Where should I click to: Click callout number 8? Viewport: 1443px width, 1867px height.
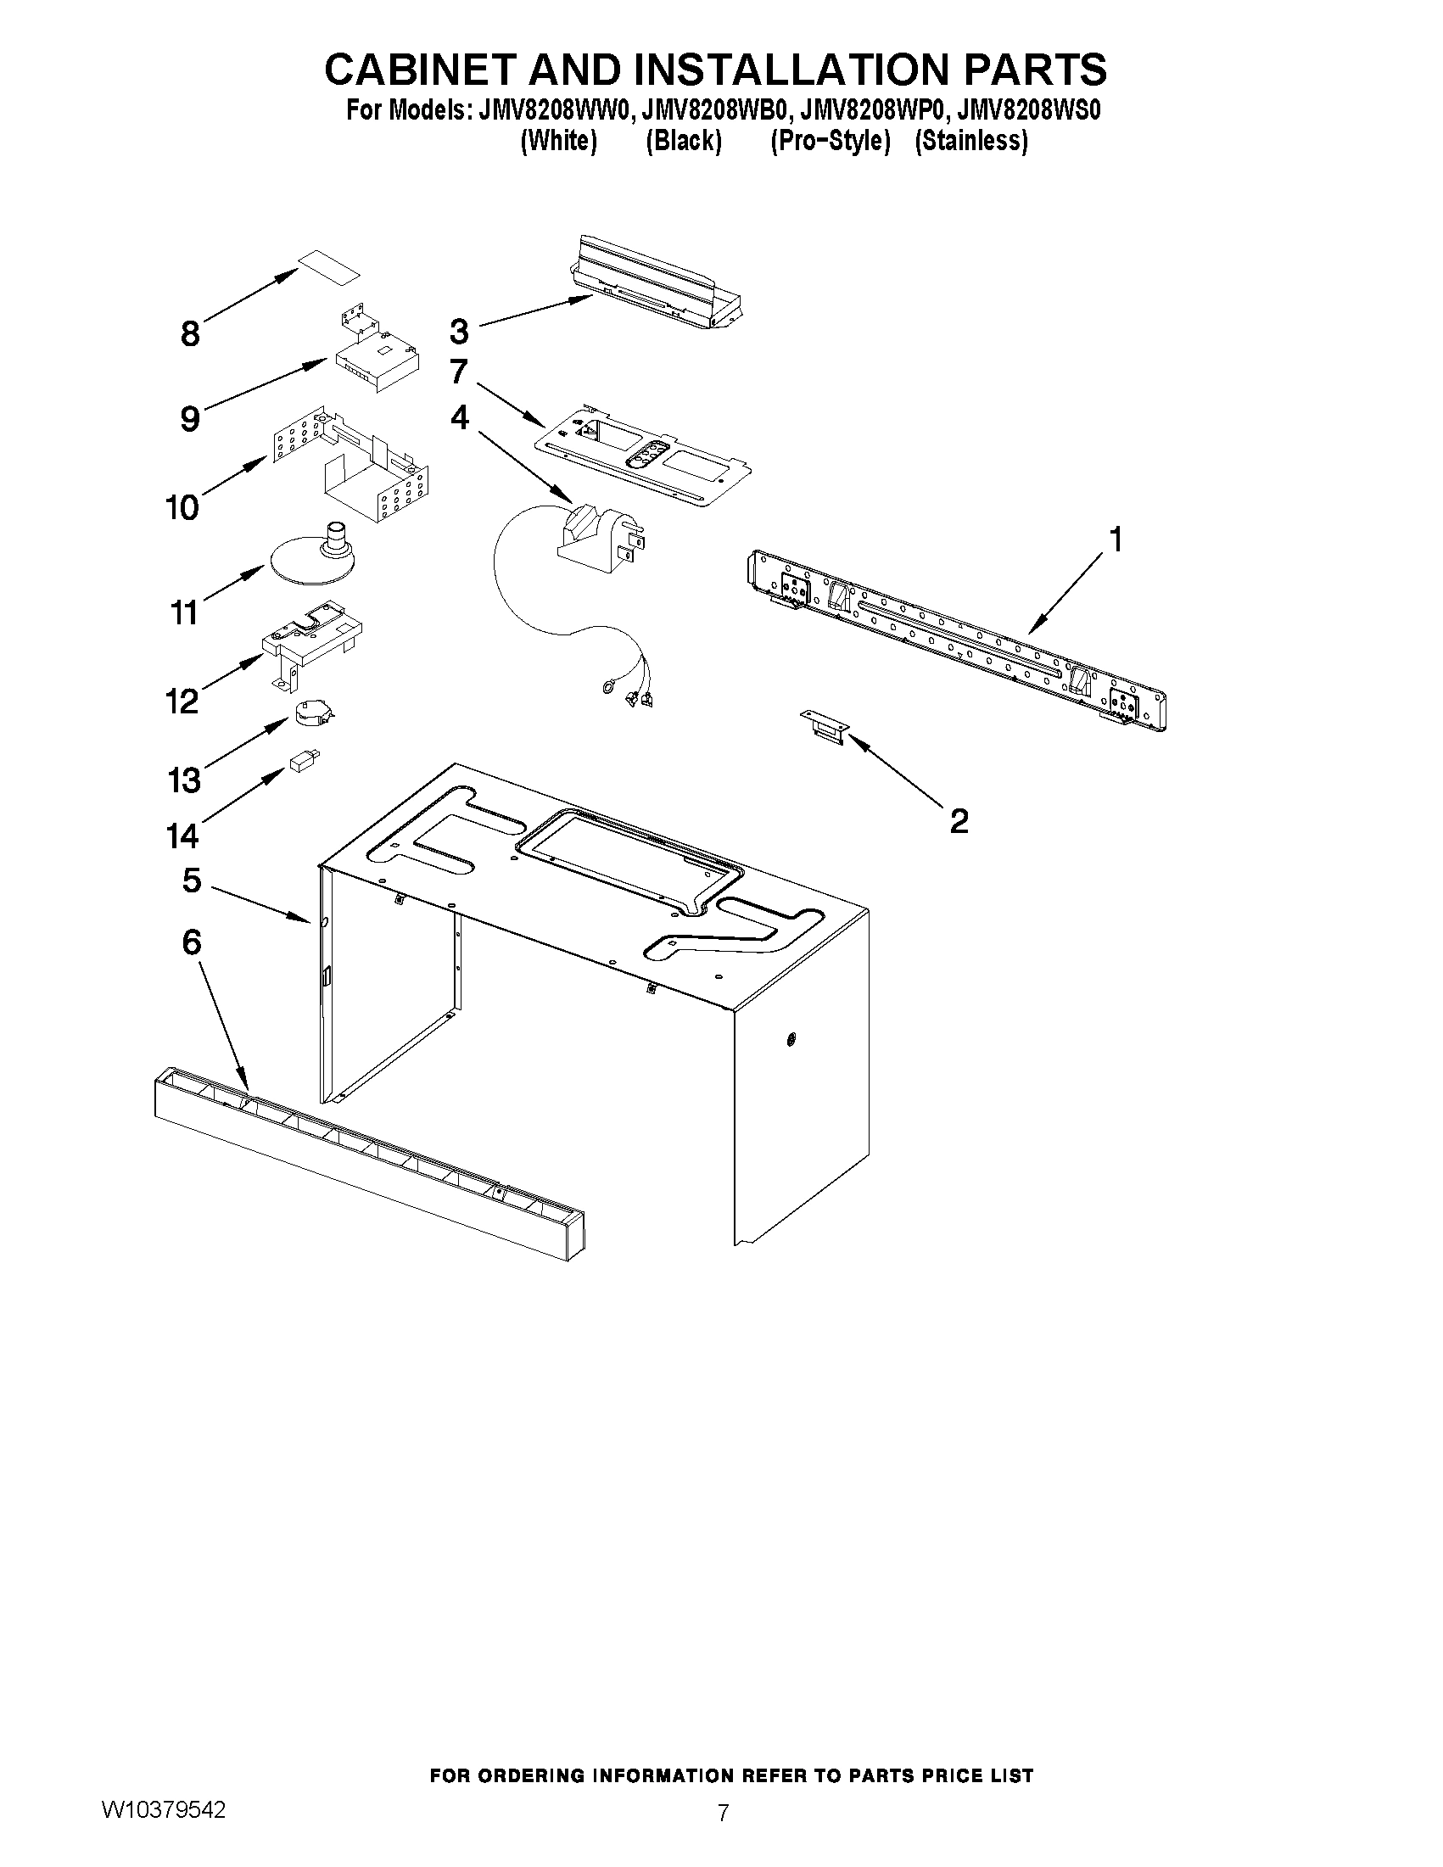click(190, 333)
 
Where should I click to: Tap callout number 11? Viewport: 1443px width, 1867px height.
click(185, 612)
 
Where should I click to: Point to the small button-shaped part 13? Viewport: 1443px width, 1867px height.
click(310, 712)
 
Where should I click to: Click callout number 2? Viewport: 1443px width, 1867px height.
click(959, 820)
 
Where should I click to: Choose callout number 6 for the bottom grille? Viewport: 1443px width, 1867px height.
click(192, 942)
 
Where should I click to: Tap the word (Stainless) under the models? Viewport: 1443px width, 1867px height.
click(971, 140)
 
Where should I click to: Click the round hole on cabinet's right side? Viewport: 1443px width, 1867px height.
click(791, 1040)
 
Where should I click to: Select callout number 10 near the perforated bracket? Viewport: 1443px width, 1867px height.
click(182, 507)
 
